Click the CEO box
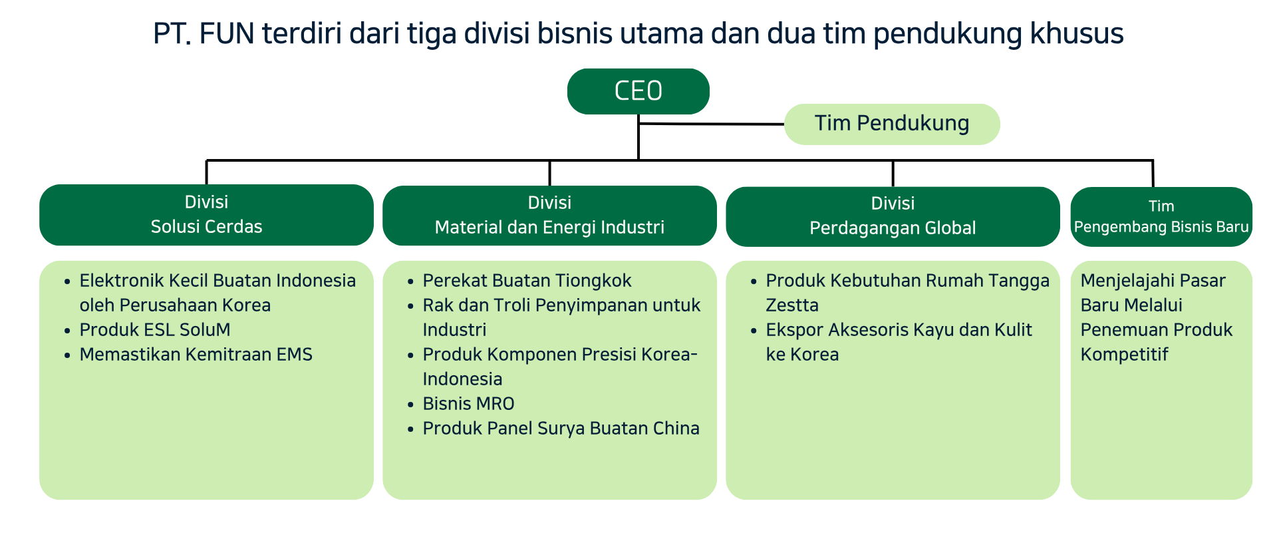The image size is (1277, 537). (x=638, y=91)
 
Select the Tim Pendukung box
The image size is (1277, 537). (x=892, y=124)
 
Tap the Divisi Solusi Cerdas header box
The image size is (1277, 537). (x=206, y=215)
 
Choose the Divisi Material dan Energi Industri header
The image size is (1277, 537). (x=549, y=216)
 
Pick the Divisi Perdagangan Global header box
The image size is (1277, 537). (x=893, y=216)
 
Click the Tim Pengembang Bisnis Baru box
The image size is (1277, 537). (x=1161, y=217)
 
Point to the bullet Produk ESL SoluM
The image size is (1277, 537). (x=155, y=330)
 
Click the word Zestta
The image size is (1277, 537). (x=792, y=305)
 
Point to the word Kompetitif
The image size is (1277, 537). (x=1124, y=355)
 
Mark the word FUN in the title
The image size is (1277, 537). (x=227, y=33)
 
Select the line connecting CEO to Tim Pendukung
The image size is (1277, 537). (x=711, y=124)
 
